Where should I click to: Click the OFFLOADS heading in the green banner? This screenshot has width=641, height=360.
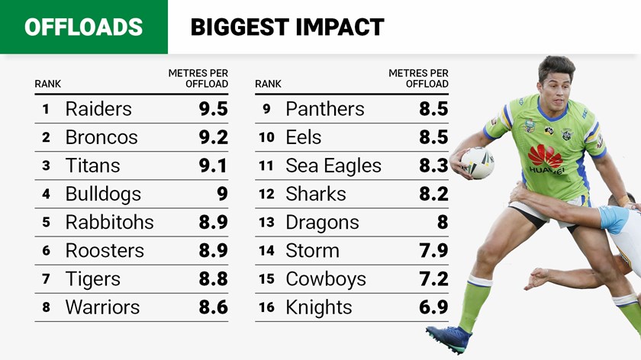83,27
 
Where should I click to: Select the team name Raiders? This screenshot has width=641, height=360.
98,109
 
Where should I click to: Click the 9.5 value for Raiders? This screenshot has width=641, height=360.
213,109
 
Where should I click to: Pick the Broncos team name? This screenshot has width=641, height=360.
101,137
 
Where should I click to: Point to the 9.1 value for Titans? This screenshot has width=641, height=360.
213,166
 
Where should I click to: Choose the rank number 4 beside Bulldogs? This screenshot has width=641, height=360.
46,194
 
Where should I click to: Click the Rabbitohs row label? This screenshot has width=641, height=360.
109,222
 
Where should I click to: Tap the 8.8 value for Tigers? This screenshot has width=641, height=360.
213,279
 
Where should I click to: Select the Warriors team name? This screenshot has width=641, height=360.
102,307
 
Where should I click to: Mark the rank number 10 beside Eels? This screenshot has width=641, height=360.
266,137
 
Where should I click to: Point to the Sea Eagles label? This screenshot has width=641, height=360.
333,166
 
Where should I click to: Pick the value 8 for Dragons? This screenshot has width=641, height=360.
443,222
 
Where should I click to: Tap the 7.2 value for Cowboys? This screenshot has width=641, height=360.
433,279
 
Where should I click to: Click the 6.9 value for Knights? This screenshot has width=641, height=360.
433,307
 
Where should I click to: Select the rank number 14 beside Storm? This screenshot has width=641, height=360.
266,251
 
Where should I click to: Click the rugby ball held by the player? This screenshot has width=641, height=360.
478,162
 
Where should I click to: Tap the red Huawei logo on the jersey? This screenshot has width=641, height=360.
545,156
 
